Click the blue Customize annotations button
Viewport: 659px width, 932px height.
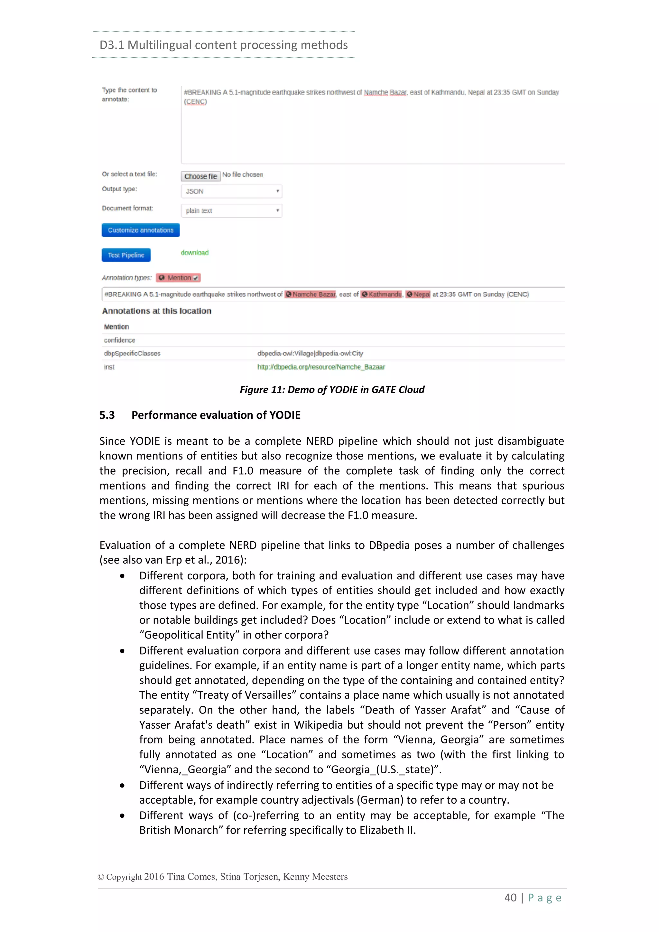tap(140, 230)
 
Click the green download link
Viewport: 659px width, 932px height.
tap(194, 253)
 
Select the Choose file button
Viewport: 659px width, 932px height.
tap(200, 176)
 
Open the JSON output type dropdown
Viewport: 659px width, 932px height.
tap(231, 191)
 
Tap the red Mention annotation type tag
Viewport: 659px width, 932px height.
tap(179, 278)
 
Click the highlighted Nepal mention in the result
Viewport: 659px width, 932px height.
tap(418, 294)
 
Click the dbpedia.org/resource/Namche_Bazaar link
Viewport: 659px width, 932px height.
tap(321, 367)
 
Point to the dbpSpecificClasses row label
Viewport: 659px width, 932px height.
tap(132, 354)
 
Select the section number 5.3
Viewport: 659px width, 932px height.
tap(107, 415)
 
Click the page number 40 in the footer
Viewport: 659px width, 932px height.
tap(510, 898)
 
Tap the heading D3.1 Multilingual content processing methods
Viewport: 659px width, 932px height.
tap(224, 45)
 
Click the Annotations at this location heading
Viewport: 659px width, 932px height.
tap(157, 311)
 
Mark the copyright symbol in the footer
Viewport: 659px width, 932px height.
tap(101, 877)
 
